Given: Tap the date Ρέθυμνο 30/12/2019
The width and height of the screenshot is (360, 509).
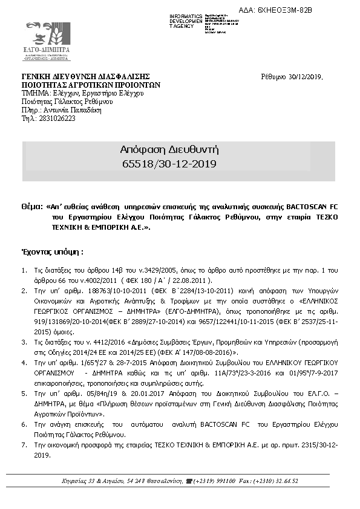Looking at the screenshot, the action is pos(292,77).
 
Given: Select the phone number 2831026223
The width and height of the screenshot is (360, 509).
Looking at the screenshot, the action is pos(57,119).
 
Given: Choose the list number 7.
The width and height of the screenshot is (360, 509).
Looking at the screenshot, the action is pos(24,445).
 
